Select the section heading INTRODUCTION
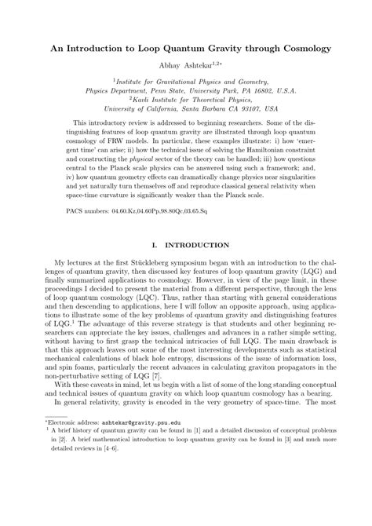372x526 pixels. tap(198, 246)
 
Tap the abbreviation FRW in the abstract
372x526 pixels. tap(121, 141)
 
